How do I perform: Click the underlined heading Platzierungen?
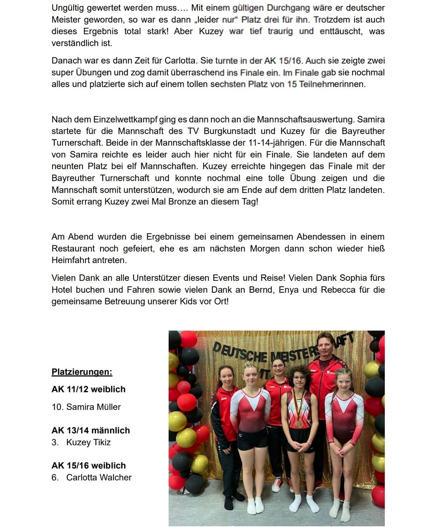[82, 372]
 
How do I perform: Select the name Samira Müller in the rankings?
[93, 407]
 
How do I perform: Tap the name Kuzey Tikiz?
[88, 442]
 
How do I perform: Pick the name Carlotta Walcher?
[99, 477]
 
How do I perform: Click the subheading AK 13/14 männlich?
[90, 430]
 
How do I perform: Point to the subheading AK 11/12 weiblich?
[88, 389]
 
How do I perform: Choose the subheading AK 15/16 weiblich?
[89, 465]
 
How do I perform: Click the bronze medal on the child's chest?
[299, 424]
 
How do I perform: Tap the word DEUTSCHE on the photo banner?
[240, 352]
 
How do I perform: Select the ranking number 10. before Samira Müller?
[57, 407]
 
